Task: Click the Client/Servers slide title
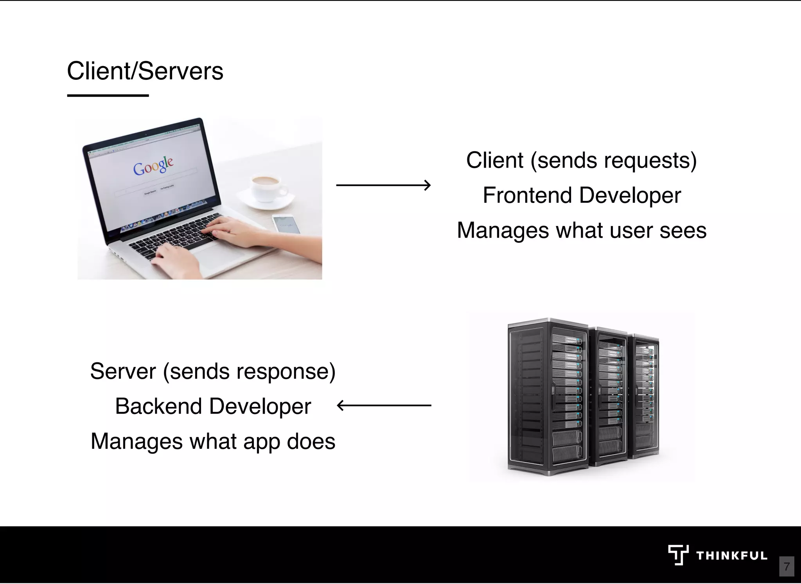[145, 71]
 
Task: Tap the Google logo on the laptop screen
[153, 166]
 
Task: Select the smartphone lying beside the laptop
[286, 224]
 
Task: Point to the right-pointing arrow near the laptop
[383, 185]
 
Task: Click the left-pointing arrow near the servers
[384, 406]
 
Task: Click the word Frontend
[527, 195]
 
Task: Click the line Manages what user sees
[582, 230]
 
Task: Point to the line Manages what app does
[213, 441]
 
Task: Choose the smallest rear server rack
[645, 395]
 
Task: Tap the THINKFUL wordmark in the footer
[731, 556]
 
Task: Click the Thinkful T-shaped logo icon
[678, 555]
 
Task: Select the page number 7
[787, 566]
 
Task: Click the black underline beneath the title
[108, 95]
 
